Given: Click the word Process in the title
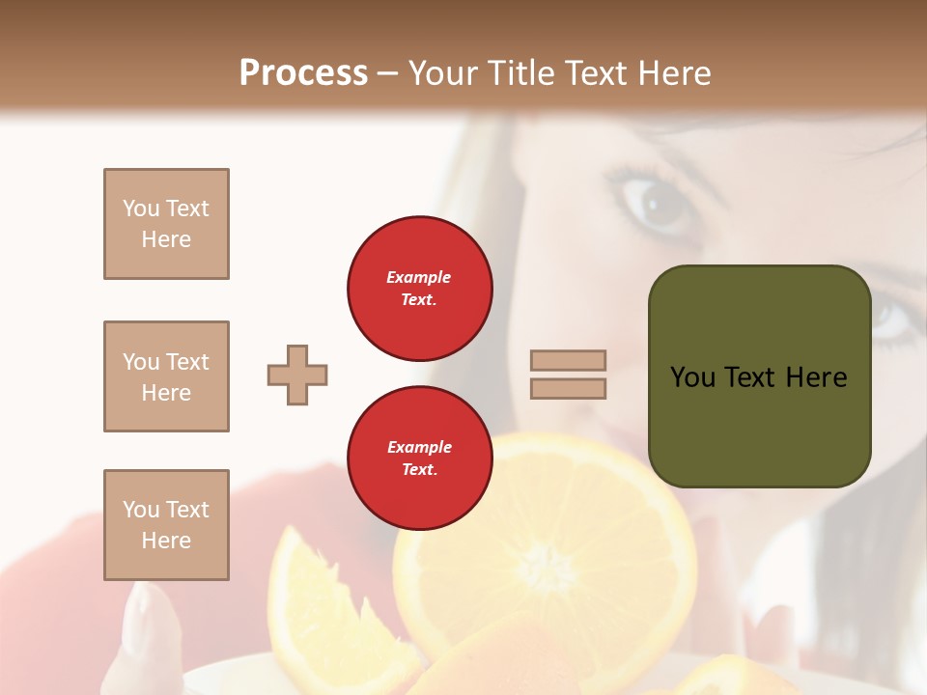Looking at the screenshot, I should tap(303, 73).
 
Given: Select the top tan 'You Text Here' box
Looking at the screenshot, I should tap(166, 224).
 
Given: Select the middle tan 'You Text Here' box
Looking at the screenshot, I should tap(166, 376).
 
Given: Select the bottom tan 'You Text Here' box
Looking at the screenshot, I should tap(166, 525).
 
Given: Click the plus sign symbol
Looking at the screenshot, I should tap(297, 375).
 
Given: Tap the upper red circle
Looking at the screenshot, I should tap(419, 289).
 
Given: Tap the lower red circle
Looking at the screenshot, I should tap(419, 459).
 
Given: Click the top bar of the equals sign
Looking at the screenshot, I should tap(568, 360).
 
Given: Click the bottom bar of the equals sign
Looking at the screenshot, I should tap(568, 388).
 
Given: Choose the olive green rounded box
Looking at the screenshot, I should tap(759, 375).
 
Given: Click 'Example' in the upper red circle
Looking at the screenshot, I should tap(419, 277).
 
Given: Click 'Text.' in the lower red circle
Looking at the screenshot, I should tap(419, 470).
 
